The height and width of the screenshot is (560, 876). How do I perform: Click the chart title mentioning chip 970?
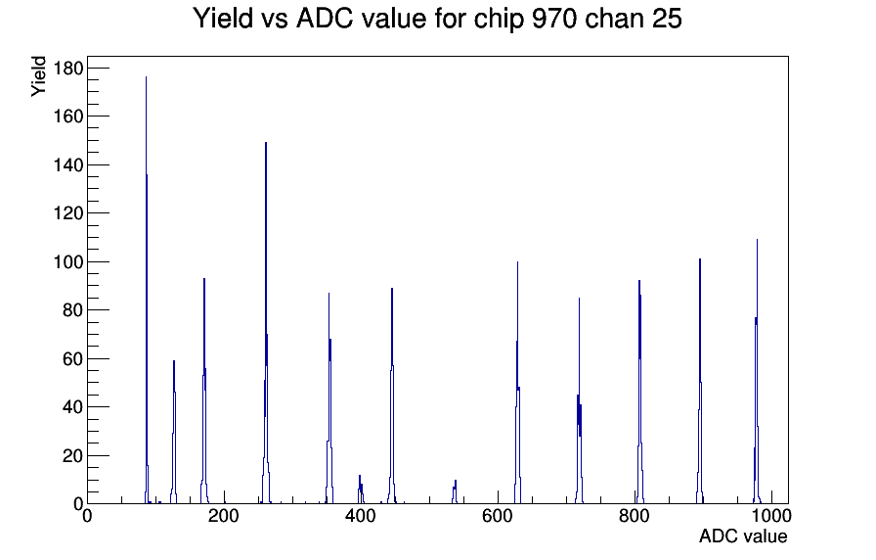(437, 19)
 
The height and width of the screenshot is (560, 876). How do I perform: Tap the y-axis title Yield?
(38, 76)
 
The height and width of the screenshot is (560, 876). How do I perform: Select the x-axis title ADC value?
(743, 536)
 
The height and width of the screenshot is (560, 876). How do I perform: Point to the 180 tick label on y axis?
(68, 69)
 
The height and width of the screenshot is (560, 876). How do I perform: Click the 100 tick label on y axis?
(68, 261)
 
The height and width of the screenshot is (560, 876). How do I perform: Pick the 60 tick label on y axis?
(72, 358)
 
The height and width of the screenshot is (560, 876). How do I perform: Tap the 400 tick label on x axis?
(361, 516)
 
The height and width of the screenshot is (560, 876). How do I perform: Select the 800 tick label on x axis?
(635, 516)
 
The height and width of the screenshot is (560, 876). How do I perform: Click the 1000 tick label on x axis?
(771, 516)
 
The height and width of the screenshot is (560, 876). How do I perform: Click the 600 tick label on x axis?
(498, 516)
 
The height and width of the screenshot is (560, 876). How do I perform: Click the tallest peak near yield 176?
(147, 291)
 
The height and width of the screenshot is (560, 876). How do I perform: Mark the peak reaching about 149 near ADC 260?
(266, 324)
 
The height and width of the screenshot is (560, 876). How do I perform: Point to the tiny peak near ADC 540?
(456, 492)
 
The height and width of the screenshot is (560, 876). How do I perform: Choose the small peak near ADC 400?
(361, 490)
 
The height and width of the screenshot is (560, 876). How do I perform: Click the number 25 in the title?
(666, 19)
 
